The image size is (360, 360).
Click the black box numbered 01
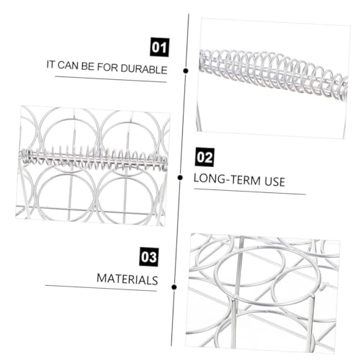pos(160,47)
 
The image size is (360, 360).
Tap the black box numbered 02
pos(204,158)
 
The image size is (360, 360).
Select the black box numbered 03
pos(149,256)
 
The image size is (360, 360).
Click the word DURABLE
pos(144,69)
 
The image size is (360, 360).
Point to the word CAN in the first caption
pos(68,66)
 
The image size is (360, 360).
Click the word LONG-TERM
pos(227,179)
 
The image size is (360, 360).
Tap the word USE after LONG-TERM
pos(275,181)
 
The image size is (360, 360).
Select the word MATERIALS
pos(127,279)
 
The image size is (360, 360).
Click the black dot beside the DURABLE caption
pos(186,71)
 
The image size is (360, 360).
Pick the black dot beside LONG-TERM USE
pos(180,178)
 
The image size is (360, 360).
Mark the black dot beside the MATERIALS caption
pos(174,287)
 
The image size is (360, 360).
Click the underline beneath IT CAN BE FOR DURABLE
pos(111,79)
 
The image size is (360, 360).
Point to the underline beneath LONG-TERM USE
pos(250,192)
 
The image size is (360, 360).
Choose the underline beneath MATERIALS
pos(101,288)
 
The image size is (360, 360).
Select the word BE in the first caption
pos(88,66)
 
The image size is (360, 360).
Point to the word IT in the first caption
pos(50,64)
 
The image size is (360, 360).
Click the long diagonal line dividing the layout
pos(180,180)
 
